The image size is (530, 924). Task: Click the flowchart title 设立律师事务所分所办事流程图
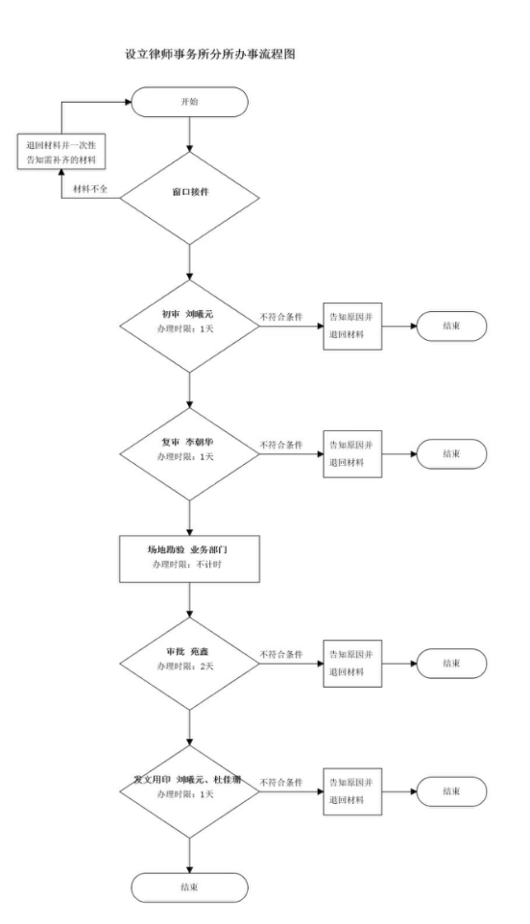(x=210, y=56)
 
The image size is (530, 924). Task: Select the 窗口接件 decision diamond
(x=189, y=192)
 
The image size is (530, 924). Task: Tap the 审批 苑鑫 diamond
(x=189, y=663)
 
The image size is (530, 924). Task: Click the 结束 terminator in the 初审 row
(x=450, y=326)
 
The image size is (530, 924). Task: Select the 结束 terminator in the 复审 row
(x=450, y=453)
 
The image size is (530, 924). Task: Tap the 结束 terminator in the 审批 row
(x=450, y=663)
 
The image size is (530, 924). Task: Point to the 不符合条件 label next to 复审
(x=281, y=446)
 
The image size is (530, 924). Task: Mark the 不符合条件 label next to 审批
(x=281, y=655)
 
